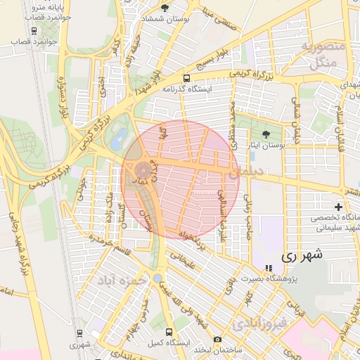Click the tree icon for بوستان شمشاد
165,8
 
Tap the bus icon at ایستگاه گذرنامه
186,78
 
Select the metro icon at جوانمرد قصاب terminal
34,30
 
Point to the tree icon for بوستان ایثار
265,134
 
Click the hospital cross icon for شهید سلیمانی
340,207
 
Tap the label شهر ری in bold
301,256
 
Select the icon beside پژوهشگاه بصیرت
268,268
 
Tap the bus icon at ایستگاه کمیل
168,331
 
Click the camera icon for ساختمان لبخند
217,340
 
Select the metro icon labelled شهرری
79,333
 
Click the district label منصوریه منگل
323,54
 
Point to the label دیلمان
259,169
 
